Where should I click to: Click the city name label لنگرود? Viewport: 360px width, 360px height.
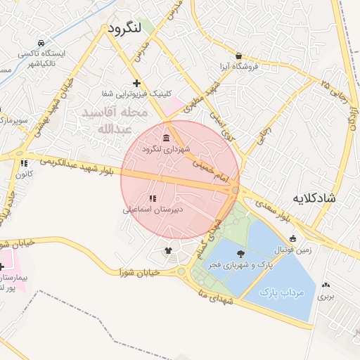[126, 28]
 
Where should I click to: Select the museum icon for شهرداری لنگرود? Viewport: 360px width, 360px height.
[166, 137]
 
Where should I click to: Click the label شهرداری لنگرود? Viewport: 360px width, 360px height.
[166, 149]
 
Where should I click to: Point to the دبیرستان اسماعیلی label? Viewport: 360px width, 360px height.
[153, 209]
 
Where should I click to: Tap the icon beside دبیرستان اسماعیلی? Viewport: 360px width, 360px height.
[153, 198]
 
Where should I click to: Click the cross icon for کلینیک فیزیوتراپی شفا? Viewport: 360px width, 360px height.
[136, 83]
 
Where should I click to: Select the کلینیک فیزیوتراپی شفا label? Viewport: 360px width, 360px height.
[137, 94]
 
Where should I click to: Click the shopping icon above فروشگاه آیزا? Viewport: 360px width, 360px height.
[239, 56]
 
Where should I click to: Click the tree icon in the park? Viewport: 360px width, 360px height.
[241, 254]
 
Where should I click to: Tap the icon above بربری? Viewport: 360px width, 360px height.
[325, 285]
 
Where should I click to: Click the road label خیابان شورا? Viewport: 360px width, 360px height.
[140, 271]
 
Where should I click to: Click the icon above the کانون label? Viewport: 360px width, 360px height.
[24, 163]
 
